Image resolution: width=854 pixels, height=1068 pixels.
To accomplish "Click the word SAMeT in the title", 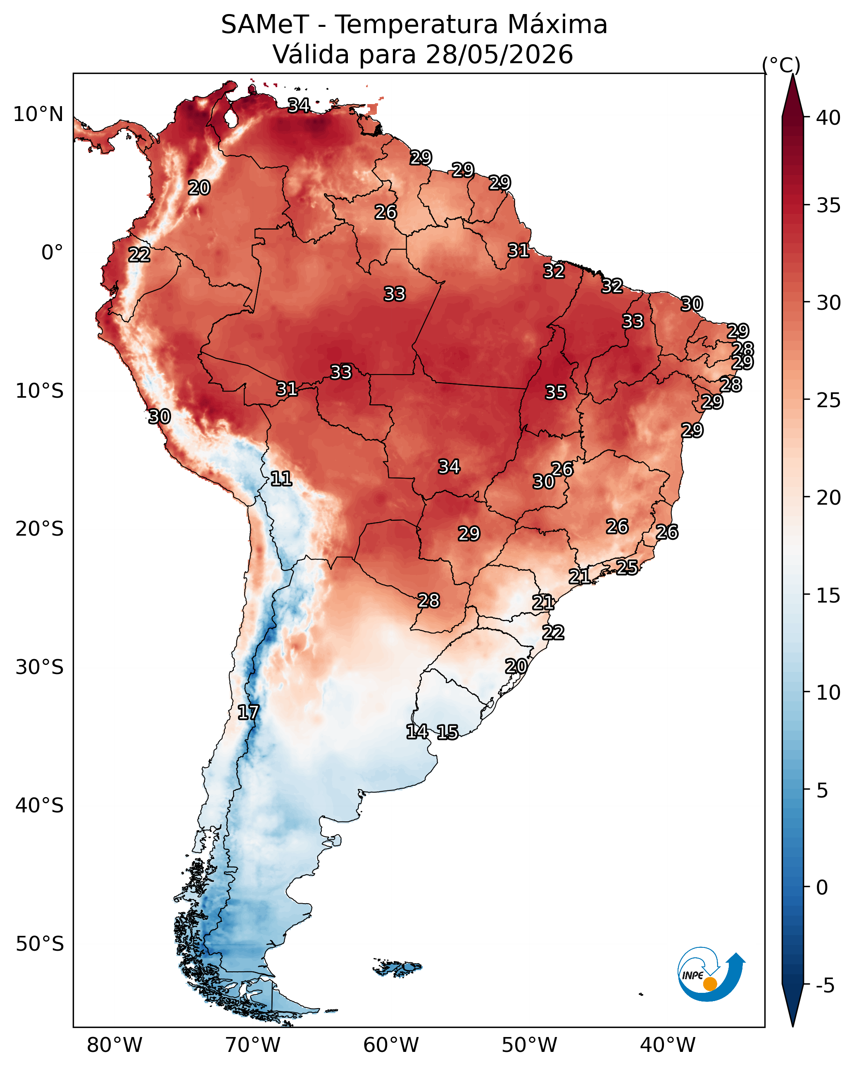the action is (265, 24).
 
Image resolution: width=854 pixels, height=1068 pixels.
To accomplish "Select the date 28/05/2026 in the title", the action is (499, 54).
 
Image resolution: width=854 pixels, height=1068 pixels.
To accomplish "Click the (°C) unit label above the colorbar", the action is (781, 65).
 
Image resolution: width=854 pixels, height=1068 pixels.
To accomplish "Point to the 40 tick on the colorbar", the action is (828, 118).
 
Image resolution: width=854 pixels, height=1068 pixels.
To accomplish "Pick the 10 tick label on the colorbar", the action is (828, 693).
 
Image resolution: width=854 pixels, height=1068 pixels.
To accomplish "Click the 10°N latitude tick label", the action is (38, 114).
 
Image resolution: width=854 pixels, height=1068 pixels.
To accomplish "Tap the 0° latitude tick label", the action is (52, 253).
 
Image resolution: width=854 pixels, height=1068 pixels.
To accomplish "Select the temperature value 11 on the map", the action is (281, 479).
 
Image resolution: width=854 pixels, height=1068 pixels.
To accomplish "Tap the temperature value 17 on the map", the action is (248, 712).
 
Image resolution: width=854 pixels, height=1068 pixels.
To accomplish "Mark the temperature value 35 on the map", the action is (556, 392).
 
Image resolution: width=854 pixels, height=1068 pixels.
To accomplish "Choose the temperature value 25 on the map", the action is (627, 567).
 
